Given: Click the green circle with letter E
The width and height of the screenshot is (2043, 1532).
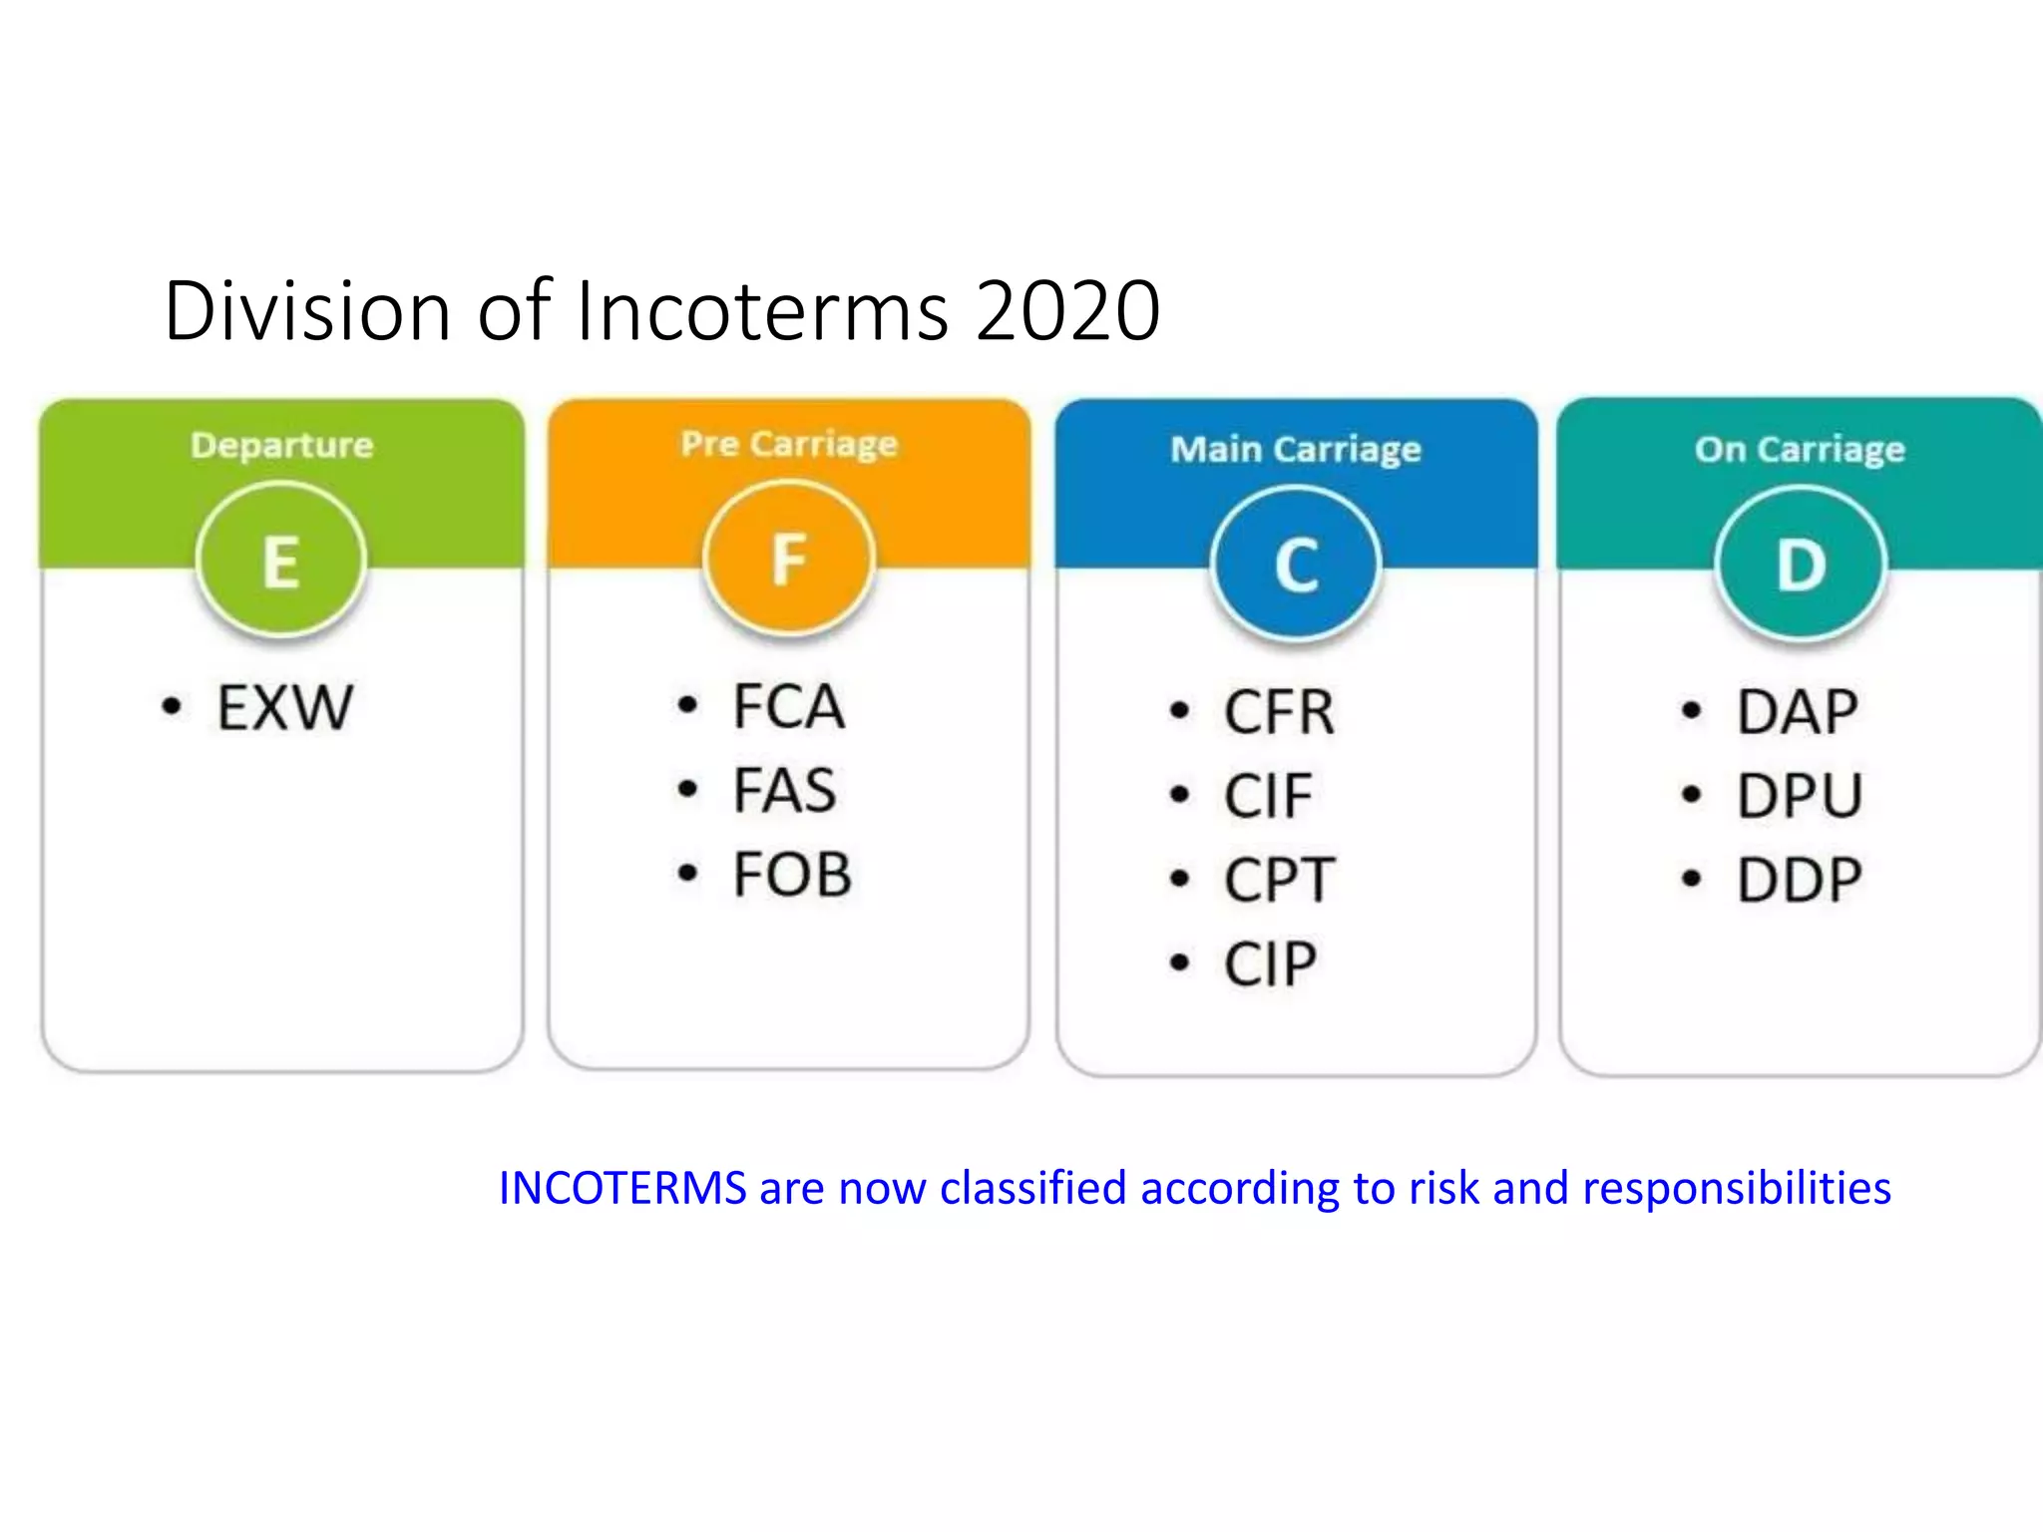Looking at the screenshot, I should pos(281,560).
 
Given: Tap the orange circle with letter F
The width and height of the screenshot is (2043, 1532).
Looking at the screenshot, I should pos(788,558).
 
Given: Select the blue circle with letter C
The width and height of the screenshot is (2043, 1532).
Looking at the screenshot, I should pos(1296,565).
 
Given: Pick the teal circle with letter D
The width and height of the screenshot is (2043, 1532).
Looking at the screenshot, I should pos(1801,565).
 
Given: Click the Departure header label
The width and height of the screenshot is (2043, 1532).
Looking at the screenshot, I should pos(282,445).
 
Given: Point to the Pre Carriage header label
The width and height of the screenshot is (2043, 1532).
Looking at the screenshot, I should pos(789,444).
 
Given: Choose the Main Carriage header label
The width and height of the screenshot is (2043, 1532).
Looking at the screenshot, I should pos(1296,450).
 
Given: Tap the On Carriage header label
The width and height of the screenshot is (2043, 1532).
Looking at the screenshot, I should pos(1800,450).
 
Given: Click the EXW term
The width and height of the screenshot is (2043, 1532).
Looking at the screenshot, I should pos(285,708).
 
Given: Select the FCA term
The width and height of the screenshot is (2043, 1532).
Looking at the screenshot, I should pos(789,707).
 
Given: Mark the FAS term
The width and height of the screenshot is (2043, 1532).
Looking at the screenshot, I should pos(785,791).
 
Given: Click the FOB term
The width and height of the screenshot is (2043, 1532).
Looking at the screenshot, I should pos(793,875).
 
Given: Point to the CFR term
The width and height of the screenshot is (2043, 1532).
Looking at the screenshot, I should pos(1280,712).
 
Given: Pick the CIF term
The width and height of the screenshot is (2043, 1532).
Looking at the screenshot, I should pos(1268,796).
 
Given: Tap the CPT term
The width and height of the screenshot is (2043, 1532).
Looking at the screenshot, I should pos(1280,880).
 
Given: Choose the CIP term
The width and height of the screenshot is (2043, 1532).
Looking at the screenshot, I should pos(1271,963).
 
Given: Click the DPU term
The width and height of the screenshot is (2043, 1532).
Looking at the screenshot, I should pos(1800,796).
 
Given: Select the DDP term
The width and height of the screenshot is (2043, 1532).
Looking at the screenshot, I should pos(1800,880).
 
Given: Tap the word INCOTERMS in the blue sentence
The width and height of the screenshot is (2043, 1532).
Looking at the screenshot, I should pos(622,1188).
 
